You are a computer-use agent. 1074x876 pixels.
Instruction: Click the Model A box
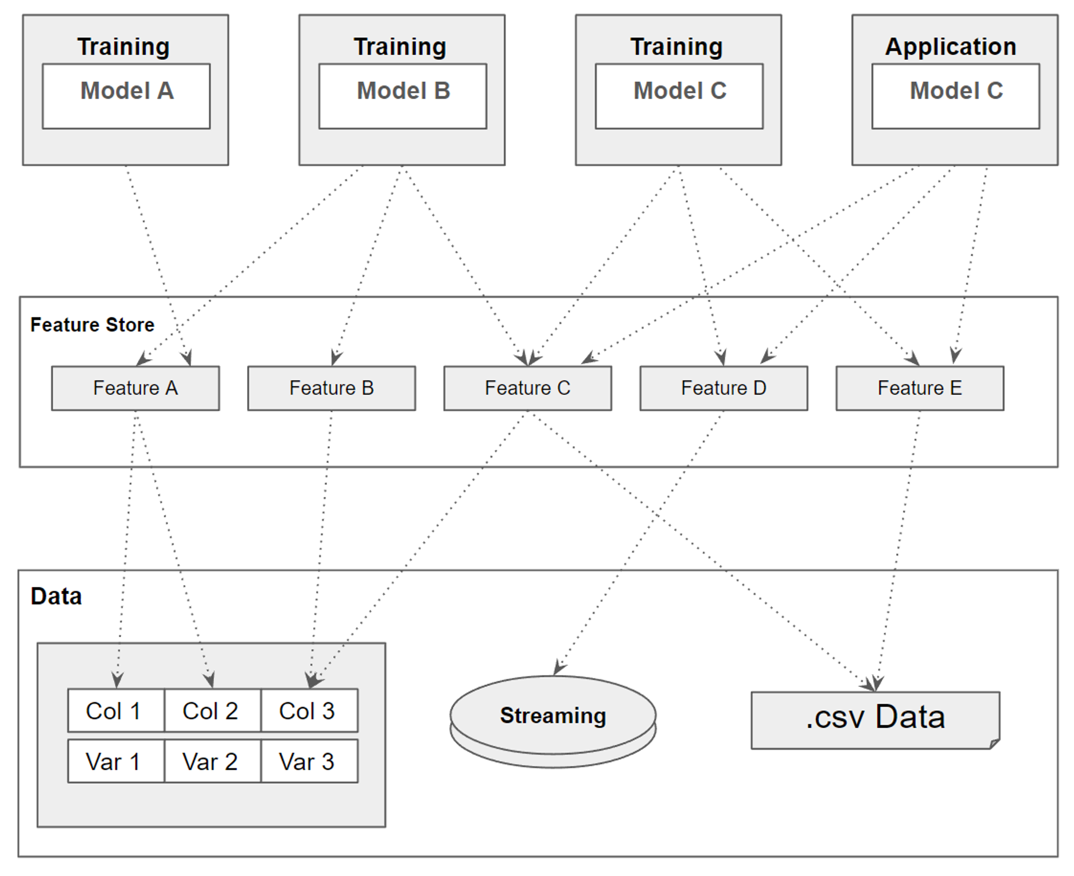126,96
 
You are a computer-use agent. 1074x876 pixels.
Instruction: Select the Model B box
402,96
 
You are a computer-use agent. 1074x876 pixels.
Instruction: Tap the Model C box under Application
955,96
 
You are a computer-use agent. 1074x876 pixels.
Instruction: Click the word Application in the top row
950,46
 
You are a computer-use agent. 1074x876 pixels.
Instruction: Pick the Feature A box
135,388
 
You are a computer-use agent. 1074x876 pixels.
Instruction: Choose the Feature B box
331,388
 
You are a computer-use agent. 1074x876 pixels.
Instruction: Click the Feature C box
527,388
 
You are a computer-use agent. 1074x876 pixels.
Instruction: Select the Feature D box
723,388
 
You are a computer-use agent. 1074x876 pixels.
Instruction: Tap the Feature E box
920,388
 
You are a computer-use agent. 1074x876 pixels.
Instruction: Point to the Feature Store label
92,325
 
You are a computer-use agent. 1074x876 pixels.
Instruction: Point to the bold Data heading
56,596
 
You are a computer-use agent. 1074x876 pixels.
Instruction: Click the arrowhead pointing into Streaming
558,668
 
